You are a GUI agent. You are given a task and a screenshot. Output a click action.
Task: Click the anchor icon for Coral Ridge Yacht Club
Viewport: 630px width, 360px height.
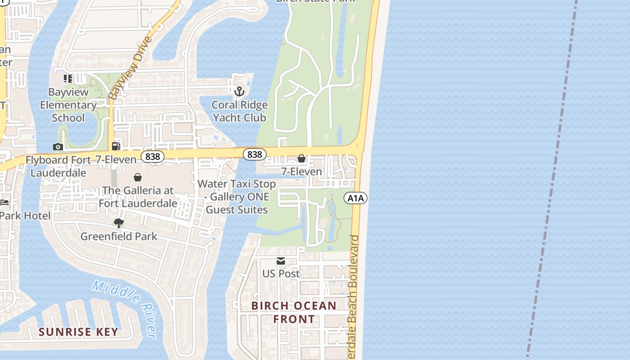click(x=239, y=92)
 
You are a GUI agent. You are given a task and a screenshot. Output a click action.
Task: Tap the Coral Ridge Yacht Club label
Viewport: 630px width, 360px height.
click(x=239, y=111)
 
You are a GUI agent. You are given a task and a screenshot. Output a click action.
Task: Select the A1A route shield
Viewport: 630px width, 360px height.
click(x=356, y=198)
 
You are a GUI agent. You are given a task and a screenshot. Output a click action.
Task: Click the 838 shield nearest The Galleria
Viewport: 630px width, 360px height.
click(x=153, y=157)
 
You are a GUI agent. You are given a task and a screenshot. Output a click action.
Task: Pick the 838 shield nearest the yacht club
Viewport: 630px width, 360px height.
click(x=254, y=154)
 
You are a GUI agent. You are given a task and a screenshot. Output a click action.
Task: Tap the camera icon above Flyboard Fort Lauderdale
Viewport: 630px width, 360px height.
click(x=58, y=147)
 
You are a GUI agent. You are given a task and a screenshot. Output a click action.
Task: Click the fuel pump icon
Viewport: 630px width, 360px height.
click(x=116, y=146)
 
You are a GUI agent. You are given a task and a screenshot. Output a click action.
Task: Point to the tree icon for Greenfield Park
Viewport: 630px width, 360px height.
click(x=119, y=223)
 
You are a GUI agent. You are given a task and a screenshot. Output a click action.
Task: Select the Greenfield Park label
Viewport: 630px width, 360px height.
click(x=119, y=236)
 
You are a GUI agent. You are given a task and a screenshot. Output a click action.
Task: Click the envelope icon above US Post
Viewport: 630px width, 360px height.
click(x=281, y=261)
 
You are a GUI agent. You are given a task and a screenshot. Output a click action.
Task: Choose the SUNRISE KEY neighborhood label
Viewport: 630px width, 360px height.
click(x=78, y=332)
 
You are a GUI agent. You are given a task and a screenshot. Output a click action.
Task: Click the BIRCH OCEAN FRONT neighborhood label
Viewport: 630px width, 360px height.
click(x=294, y=312)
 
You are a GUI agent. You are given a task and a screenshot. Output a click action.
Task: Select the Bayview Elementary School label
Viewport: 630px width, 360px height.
click(x=68, y=105)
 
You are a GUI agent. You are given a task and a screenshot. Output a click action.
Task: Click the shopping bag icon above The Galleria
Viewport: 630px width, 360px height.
click(x=138, y=178)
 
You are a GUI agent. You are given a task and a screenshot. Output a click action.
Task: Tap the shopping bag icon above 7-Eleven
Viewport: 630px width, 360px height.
click(x=301, y=159)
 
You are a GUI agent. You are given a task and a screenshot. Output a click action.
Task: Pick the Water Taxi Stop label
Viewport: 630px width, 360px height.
click(x=237, y=197)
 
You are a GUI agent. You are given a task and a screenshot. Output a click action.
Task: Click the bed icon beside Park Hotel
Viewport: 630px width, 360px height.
click(x=5, y=202)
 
